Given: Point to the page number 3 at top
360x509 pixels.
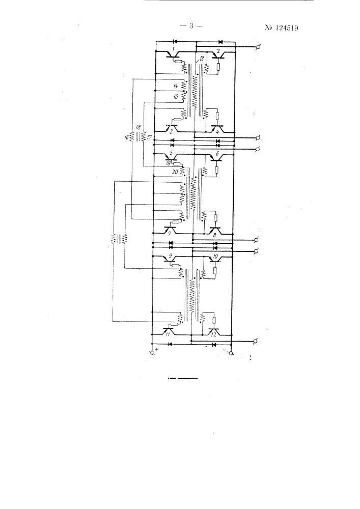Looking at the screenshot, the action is click(x=191, y=26).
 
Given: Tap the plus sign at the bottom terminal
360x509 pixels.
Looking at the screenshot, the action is click(x=157, y=350).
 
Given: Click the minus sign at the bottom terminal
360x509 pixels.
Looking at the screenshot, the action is click(x=225, y=350).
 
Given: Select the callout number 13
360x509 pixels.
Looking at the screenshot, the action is click(x=202, y=59).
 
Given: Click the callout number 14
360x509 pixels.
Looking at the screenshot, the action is click(x=176, y=86).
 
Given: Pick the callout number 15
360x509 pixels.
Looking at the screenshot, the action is click(x=176, y=96).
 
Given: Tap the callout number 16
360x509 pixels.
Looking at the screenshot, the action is click(x=126, y=137).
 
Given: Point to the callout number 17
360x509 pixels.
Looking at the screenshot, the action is click(x=149, y=137).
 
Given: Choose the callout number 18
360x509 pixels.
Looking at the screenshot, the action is click(x=139, y=127).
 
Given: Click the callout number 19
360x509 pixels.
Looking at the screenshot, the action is click(x=169, y=163).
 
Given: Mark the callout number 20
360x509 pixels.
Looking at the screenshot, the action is click(x=175, y=172).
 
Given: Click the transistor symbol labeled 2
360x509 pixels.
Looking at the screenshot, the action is click(x=219, y=55).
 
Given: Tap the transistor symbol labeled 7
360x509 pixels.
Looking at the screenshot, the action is click(x=170, y=230).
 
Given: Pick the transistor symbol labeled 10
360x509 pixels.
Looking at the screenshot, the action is click(x=214, y=259).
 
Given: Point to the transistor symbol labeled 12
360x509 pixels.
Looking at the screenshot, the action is click(x=214, y=332).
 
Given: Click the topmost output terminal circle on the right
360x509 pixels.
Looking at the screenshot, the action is click(x=259, y=47).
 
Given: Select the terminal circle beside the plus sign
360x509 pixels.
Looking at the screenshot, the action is click(x=152, y=353).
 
